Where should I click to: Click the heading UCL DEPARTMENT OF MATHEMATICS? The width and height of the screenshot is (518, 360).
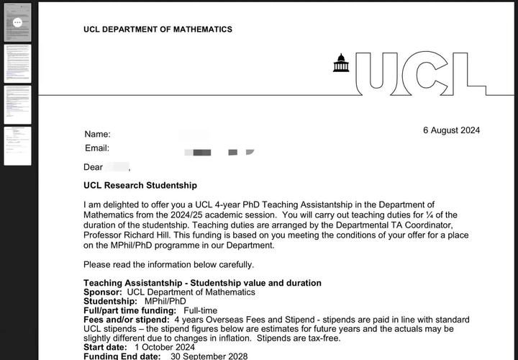click(158, 30)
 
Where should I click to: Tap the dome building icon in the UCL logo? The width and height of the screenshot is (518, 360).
click(341, 63)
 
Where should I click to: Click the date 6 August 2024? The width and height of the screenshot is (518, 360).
click(451, 130)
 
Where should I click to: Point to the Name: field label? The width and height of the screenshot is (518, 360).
click(97, 134)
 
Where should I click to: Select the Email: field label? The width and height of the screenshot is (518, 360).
click(97, 148)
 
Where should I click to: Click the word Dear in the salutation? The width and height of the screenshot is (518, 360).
click(94, 167)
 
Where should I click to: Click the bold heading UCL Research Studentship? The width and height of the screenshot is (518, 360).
click(140, 185)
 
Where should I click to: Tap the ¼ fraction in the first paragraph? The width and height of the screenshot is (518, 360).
click(432, 215)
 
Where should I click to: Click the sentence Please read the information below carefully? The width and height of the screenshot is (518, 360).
click(168, 264)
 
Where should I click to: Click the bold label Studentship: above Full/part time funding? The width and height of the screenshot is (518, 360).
click(110, 301)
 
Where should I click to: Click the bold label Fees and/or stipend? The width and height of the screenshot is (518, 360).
click(127, 320)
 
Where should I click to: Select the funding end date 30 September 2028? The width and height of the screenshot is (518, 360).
click(209, 356)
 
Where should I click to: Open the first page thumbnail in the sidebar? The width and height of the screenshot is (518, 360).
click(18, 22)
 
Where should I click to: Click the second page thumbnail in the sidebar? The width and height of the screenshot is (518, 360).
click(18, 63)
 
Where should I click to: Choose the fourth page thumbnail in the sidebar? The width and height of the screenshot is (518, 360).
click(18, 145)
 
